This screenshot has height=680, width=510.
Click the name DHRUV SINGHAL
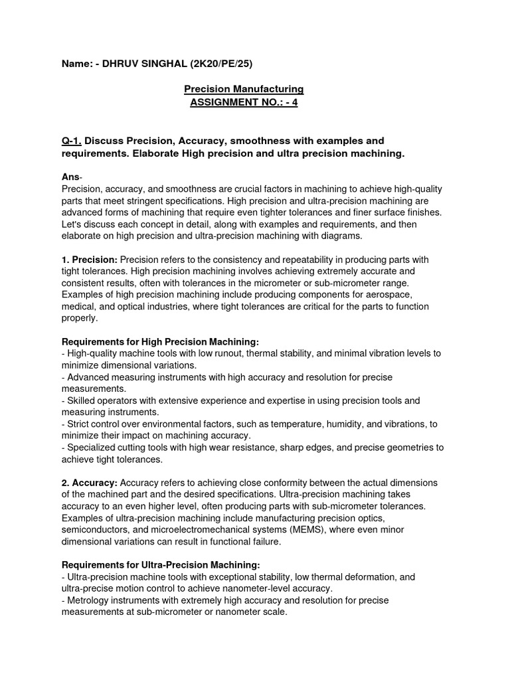point(137,64)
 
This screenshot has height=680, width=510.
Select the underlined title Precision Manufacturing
point(244,89)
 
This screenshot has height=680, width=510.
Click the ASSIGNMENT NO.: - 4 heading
point(244,103)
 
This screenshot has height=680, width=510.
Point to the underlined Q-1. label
point(72,141)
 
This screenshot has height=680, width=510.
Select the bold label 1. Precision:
point(90,259)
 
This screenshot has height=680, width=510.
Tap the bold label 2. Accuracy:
point(89,482)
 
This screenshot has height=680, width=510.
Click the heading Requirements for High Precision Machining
point(159,341)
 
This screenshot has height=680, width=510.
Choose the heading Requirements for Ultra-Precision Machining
point(156,565)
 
